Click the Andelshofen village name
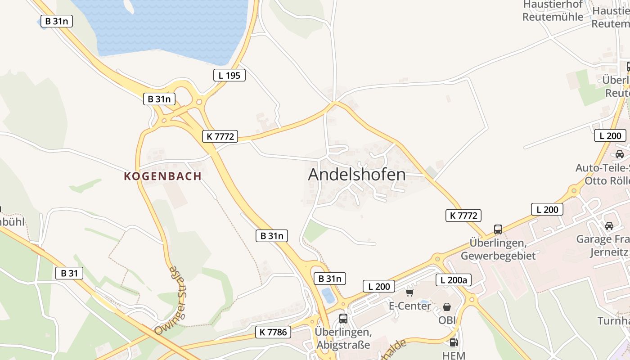tap(356, 175)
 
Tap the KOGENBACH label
tap(162, 176)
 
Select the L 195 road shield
tap(229, 75)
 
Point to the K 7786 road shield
tap(273, 332)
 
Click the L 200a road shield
tap(454, 280)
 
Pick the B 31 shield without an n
tap(69, 273)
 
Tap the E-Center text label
tap(410, 306)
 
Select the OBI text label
tap(447, 320)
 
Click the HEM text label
tap(454, 355)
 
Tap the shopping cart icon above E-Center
tap(409, 293)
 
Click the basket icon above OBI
tap(447, 307)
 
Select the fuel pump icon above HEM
tap(454, 342)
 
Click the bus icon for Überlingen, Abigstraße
tap(343, 319)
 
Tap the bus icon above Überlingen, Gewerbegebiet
tap(498, 229)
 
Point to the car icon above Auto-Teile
tap(620, 154)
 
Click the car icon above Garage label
tap(609, 226)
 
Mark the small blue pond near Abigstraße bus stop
tap(328, 296)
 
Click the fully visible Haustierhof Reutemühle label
tap(553, 11)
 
